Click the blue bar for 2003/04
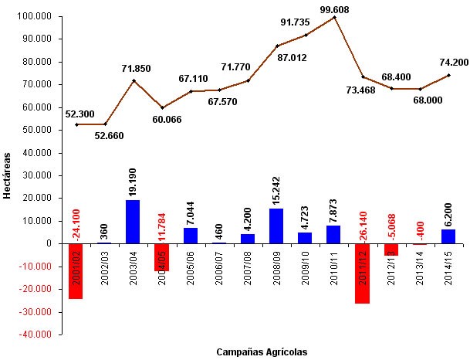[133, 222]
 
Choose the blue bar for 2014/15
[448, 236]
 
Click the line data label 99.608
[334, 9]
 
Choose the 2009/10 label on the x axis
[305, 267]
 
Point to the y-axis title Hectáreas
[7, 175]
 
